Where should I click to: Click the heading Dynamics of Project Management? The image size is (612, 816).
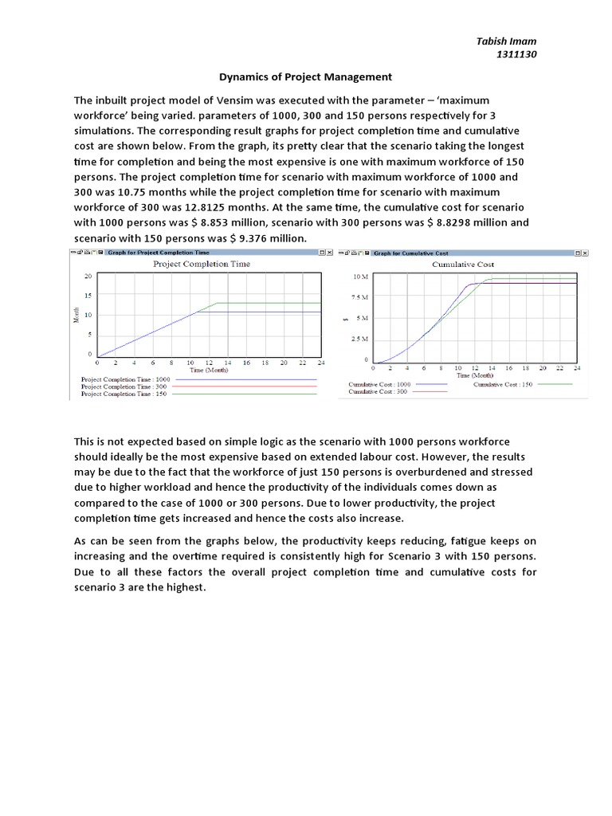click(306, 77)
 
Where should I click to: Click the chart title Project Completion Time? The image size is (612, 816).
click(201, 264)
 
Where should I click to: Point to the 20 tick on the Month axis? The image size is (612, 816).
click(88, 276)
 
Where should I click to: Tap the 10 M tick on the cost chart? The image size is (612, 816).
click(359, 277)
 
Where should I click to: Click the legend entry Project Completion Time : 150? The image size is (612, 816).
click(125, 394)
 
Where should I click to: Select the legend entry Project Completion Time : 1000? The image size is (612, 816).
click(126, 379)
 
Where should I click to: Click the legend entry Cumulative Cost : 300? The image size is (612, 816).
click(379, 392)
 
